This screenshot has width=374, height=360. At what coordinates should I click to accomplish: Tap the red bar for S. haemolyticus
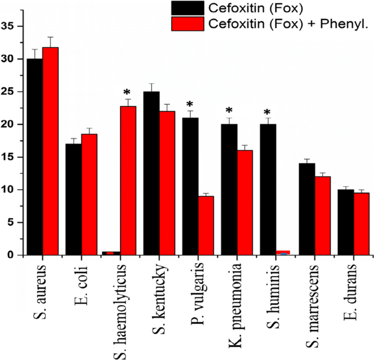pos(128,181)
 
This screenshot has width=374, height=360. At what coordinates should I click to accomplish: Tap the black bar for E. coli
pos(74,200)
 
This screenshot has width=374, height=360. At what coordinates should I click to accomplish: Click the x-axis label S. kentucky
pos(152,291)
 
